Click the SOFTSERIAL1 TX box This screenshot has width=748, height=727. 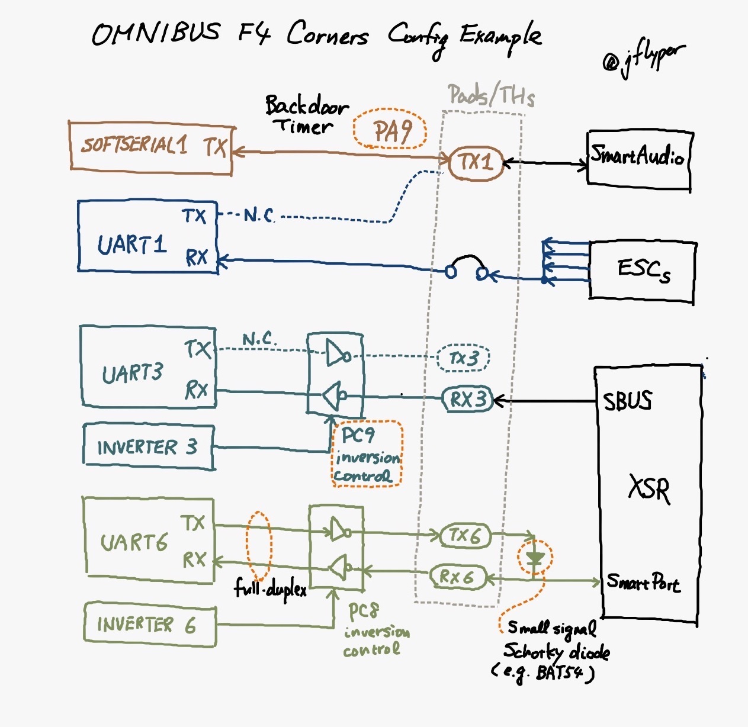(151, 147)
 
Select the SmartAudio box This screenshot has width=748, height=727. (638, 157)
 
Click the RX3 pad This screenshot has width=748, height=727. (467, 400)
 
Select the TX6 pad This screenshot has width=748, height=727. (466, 536)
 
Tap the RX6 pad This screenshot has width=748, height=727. (458, 577)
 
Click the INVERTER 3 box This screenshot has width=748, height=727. (148, 447)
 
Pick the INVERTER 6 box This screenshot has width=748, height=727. (149, 624)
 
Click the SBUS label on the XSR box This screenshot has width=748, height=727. (627, 401)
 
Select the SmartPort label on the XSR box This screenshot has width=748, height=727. (643, 583)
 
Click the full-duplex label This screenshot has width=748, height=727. (271, 588)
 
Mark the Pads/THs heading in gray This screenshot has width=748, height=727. (491, 95)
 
